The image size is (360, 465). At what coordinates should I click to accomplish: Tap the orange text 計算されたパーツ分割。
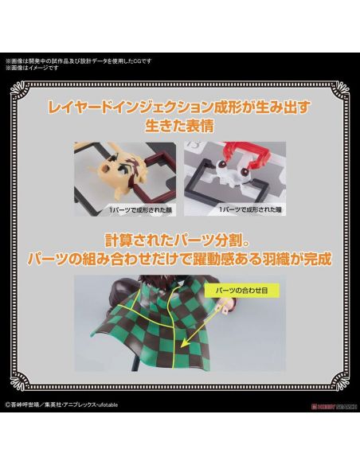tap(180, 238)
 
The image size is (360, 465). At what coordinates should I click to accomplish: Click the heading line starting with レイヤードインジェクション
tap(180, 107)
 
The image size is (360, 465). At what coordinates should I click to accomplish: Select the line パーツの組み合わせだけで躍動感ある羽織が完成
tap(180, 259)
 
